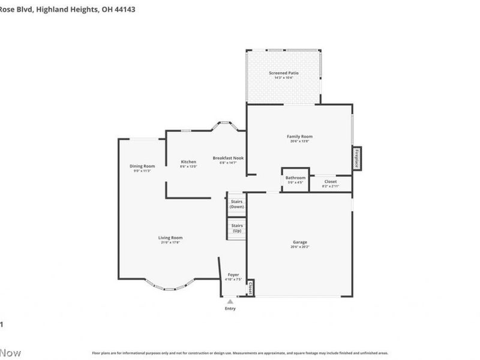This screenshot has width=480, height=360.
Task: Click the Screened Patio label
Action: coord(283,73)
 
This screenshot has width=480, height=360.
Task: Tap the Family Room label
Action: coord(299,136)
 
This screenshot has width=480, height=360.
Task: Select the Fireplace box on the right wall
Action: coord(356,158)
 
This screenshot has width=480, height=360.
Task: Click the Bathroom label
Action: coord(295,178)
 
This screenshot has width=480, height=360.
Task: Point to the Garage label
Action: coord(299,242)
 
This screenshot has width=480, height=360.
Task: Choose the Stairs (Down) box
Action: coord(236,204)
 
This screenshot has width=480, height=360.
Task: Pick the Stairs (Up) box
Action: coord(236,228)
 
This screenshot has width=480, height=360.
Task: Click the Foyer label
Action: coord(233,274)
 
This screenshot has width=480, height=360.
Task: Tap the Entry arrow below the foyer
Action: coord(230,301)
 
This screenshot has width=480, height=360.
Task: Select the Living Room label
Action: coord(170,238)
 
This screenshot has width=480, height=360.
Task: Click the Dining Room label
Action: coord(142,166)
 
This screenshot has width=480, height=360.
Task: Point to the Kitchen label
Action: coord(188,162)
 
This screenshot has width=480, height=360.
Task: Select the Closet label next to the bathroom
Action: coord(331,181)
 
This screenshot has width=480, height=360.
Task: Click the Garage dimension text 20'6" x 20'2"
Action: coord(299,247)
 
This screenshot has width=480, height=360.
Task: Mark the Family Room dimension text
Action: coord(299,141)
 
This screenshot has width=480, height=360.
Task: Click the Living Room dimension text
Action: coord(170,242)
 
